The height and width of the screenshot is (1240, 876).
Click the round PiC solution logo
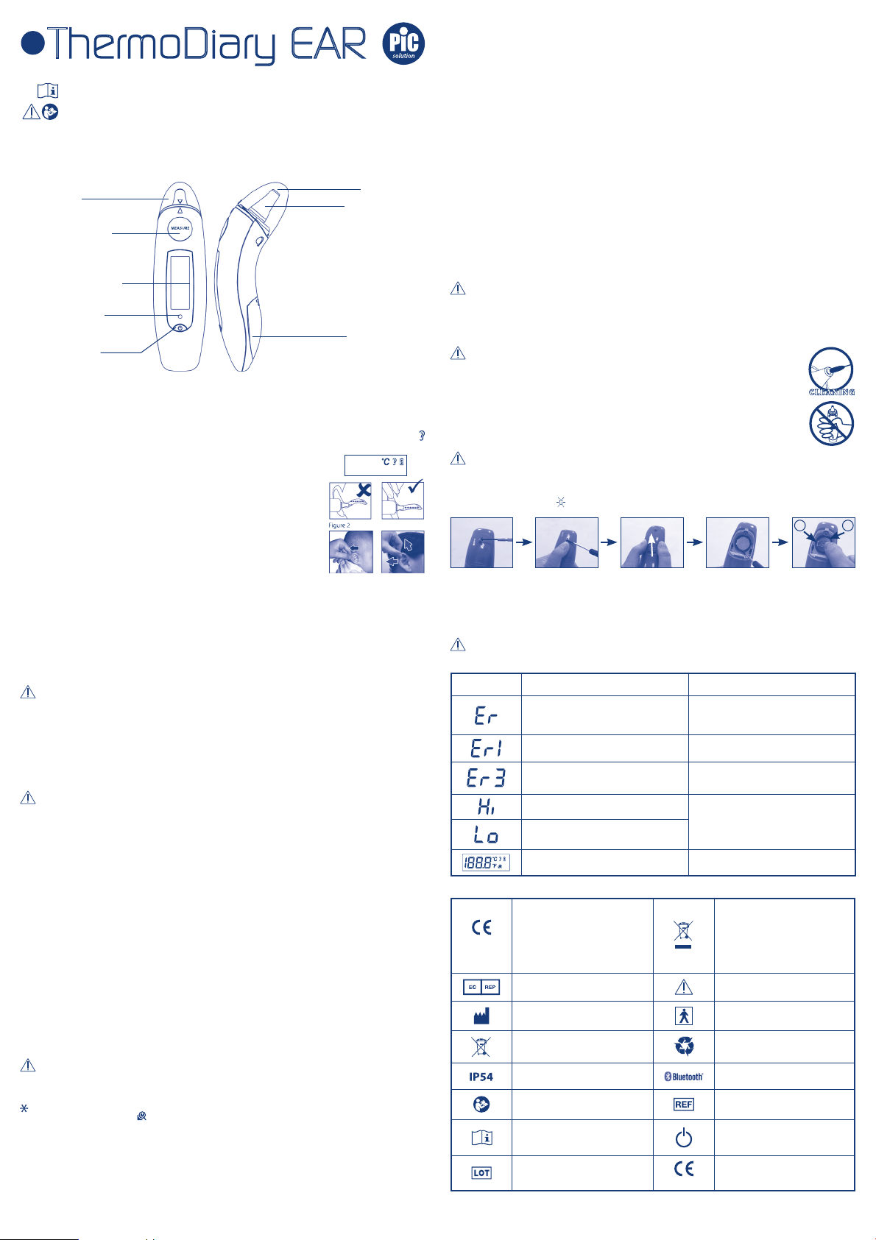pyautogui.click(x=403, y=43)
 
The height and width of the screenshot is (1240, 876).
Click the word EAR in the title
pyautogui.click(x=328, y=43)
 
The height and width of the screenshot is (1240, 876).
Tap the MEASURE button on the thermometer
pyautogui.click(x=180, y=228)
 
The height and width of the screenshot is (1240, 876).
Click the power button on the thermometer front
pyautogui.click(x=180, y=327)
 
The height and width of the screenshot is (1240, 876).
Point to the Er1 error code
pyautogui.click(x=486, y=748)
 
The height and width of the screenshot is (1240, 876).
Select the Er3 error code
pyautogui.click(x=486, y=778)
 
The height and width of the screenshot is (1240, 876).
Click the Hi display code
pyautogui.click(x=486, y=807)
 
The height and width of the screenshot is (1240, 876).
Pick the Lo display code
pyautogui.click(x=486, y=835)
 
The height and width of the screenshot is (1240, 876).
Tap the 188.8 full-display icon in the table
pyautogui.click(x=486, y=862)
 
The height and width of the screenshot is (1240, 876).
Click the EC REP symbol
pyautogui.click(x=481, y=987)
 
